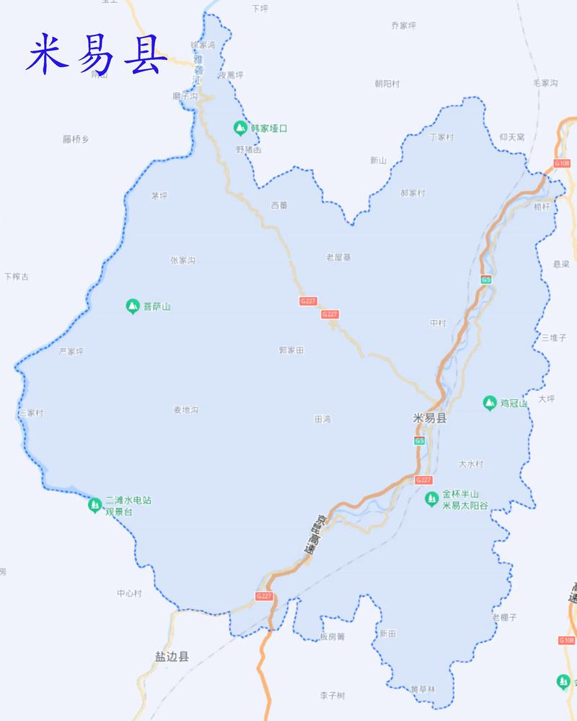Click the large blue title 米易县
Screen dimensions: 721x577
pos(96,55)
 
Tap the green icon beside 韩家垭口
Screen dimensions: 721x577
pos(239,128)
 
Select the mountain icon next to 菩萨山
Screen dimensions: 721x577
pos(132,306)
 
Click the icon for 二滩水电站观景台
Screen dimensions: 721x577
pos(94,505)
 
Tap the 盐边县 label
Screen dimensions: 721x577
pos(172,657)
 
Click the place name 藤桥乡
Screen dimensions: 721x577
pos(75,139)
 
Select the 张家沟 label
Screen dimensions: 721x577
pos(182,260)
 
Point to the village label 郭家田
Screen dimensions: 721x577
pos(291,350)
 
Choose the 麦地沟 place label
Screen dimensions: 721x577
pos(185,410)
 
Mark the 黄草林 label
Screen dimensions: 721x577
pos(423,689)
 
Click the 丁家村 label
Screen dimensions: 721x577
pos(441,137)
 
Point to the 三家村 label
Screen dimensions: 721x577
pos(31,413)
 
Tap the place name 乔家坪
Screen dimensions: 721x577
pos(404,25)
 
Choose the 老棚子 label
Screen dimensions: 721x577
pos(504,617)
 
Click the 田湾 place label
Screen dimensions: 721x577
pos(322,419)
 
